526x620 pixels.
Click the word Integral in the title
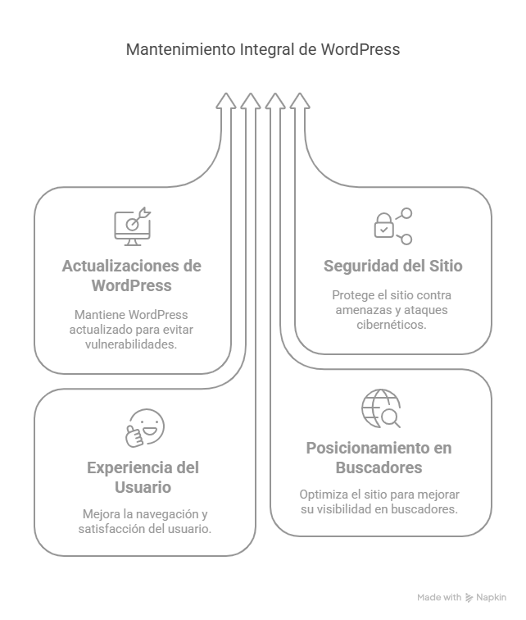266,50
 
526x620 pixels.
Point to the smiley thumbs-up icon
144,427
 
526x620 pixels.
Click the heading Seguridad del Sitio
392,267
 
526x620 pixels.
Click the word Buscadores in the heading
379,467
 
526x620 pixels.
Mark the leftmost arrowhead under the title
226,101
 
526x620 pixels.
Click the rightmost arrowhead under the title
300,101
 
